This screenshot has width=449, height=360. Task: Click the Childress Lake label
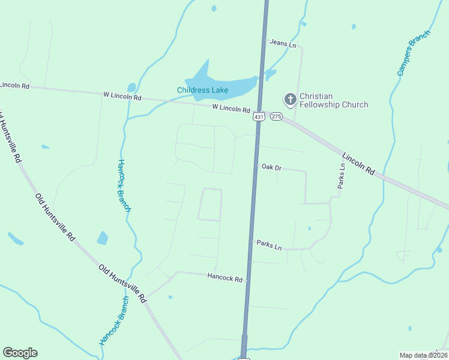(202, 91)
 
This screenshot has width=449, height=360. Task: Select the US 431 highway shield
(259, 116)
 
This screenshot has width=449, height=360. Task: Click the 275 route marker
(276, 116)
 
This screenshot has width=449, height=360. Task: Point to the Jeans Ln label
(283, 44)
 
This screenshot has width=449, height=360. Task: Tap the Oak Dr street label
(271, 167)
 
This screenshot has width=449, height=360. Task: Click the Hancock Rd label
(224, 278)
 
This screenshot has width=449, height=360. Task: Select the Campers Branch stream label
(414, 53)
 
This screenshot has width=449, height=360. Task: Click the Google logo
(20, 353)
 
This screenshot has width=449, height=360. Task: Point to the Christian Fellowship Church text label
(333, 100)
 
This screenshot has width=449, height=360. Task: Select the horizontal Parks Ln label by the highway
(269, 245)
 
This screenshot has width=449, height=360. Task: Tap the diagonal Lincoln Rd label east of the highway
(359, 164)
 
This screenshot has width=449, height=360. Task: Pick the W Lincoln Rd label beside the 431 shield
(231, 109)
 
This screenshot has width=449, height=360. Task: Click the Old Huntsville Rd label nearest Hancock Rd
(123, 283)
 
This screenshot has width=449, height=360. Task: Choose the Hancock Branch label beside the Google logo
(114, 320)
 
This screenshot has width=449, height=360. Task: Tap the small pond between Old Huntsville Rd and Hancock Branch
(103, 238)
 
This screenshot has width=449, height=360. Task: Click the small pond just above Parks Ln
(309, 228)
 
